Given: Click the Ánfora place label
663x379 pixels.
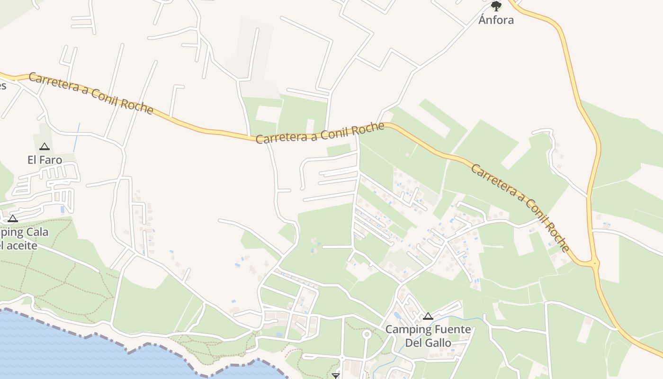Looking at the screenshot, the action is [x=496, y=20].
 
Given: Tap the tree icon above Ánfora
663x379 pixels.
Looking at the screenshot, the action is [x=496, y=6].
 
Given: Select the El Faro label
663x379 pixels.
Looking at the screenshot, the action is [x=45, y=160].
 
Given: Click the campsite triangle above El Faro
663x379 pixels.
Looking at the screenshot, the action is [x=45, y=147].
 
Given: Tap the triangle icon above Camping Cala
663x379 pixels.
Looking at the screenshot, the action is [x=13, y=218].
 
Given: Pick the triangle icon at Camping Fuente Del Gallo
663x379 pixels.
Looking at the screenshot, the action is [x=428, y=316].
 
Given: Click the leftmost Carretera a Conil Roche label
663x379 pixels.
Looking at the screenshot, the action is [x=91, y=93].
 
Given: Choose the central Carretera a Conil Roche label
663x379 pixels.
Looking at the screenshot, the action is [x=320, y=133].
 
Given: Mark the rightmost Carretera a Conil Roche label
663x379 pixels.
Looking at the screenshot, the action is [x=520, y=208].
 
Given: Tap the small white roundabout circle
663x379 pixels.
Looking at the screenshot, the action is [x=366, y=334].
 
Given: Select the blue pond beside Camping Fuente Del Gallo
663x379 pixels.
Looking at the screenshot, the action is [x=397, y=316].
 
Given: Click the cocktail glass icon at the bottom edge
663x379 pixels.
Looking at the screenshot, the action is [x=336, y=376].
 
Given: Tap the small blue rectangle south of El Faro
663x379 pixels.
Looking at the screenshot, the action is [x=63, y=209].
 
